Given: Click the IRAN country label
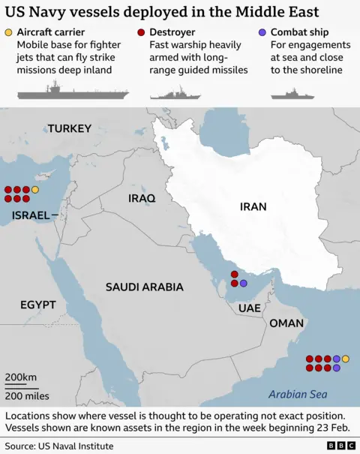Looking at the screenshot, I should click(253, 206).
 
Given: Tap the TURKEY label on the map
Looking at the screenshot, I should click(70, 128).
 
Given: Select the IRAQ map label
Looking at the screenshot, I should click(142, 198).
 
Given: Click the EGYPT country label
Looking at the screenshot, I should click(38, 305).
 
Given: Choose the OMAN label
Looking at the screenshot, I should click(286, 323).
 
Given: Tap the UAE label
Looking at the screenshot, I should click(249, 308).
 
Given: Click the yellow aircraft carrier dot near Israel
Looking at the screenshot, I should click(35, 190).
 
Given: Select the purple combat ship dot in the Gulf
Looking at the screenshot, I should click(243, 284).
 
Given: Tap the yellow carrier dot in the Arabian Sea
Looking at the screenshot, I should click(346, 359).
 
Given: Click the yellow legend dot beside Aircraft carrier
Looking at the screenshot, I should click(8, 32).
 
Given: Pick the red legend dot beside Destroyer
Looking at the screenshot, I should click(142, 32).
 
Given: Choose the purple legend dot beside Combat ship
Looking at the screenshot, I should click(262, 32).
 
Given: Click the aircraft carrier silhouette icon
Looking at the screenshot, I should click(73, 93).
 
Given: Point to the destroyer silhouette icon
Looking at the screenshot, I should click(175, 94).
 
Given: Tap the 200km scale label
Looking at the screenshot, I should click(21, 376).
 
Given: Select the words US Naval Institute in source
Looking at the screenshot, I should click(77, 446).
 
